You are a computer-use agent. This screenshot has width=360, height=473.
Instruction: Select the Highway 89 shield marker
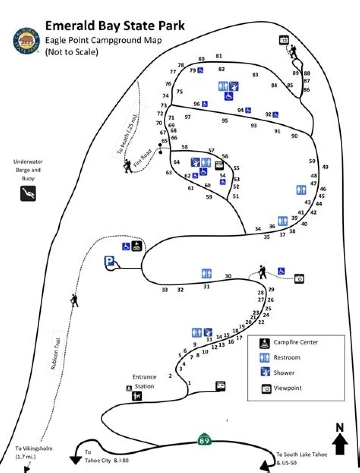point(204,440)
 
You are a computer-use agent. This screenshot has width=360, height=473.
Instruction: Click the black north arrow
point(340,440)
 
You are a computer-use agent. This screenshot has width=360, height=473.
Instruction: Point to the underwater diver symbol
point(28,193)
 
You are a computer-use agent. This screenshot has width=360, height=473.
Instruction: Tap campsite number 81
point(219,56)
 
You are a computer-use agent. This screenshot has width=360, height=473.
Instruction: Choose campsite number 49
point(325,167)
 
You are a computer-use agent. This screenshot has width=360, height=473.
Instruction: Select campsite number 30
point(228,276)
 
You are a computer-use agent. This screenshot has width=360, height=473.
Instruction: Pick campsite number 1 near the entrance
point(190,383)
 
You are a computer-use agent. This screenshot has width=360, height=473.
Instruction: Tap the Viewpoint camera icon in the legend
point(264,388)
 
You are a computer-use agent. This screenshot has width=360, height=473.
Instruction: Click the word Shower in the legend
point(284,373)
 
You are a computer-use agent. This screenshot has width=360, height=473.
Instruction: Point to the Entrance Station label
point(144,381)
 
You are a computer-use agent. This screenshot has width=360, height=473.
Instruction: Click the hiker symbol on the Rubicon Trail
point(75,300)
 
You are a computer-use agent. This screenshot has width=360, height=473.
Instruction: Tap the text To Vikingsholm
point(33,449)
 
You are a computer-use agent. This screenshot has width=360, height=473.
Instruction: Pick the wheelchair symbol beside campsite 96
point(205,104)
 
